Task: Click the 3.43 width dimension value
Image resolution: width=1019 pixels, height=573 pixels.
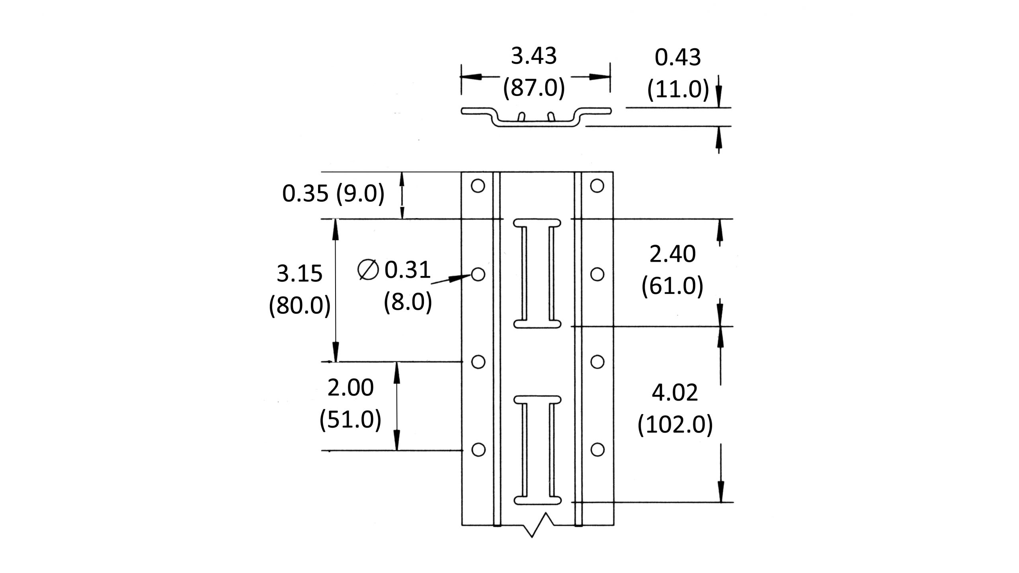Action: click(x=533, y=57)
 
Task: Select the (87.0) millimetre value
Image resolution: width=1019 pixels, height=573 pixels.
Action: click(x=533, y=88)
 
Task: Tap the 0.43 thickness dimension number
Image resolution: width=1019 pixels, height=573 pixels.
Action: click(x=677, y=58)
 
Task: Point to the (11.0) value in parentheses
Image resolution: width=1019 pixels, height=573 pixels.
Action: click(x=677, y=89)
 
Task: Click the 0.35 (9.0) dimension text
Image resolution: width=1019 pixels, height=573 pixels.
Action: click(x=333, y=194)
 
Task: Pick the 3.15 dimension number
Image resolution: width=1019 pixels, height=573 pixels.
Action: click(x=299, y=274)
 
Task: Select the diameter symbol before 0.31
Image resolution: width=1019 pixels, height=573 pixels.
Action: click(x=367, y=270)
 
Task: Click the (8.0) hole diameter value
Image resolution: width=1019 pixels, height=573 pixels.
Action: click(x=408, y=301)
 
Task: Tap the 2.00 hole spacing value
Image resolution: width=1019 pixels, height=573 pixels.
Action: click(x=350, y=388)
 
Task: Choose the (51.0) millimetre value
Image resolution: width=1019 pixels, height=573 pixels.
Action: click(x=350, y=419)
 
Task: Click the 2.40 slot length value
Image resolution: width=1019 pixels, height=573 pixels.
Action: click(x=672, y=254)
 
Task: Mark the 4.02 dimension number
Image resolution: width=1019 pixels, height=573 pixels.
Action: click(x=675, y=393)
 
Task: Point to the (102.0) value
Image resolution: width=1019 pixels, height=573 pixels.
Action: click(x=675, y=425)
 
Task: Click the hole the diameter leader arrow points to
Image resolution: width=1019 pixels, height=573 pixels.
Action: click(x=478, y=274)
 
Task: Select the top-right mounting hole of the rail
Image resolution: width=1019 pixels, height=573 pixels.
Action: click(x=597, y=186)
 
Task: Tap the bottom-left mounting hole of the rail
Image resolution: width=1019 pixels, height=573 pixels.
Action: click(x=478, y=450)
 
